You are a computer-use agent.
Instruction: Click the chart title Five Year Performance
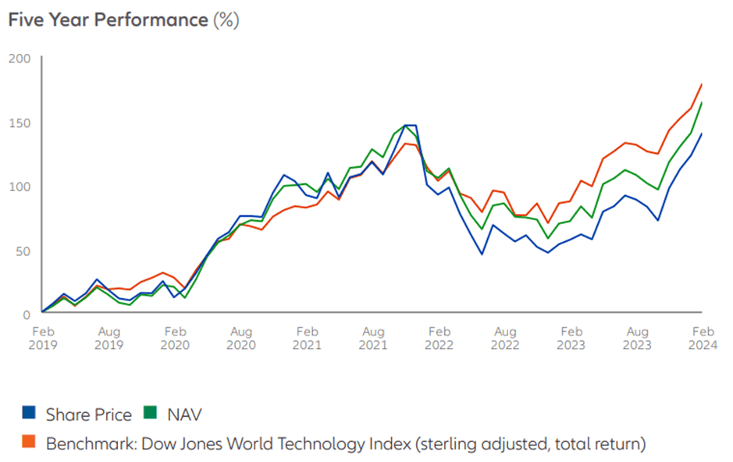(x=108, y=20)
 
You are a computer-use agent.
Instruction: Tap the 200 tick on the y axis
(x=20, y=59)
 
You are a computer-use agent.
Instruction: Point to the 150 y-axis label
(x=20, y=123)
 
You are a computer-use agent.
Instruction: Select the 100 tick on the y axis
(x=20, y=187)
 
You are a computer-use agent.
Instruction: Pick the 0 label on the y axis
(x=26, y=313)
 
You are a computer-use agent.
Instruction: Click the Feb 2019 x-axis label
(x=43, y=337)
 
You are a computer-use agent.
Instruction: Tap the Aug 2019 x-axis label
(x=109, y=337)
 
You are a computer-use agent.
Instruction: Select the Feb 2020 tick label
(x=175, y=337)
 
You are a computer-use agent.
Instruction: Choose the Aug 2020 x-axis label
(x=241, y=337)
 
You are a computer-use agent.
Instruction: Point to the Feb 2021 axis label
(x=308, y=337)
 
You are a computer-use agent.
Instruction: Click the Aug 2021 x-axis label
(x=373, y=337)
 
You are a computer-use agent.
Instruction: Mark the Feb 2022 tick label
(x=439, y=337)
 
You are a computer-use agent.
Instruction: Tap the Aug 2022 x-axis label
(x=506, y=337)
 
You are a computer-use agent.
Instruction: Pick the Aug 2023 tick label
(x=638, y=337)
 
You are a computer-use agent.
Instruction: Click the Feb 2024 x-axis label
(x=703, y=337)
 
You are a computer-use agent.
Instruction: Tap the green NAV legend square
(x=147, y=414)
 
